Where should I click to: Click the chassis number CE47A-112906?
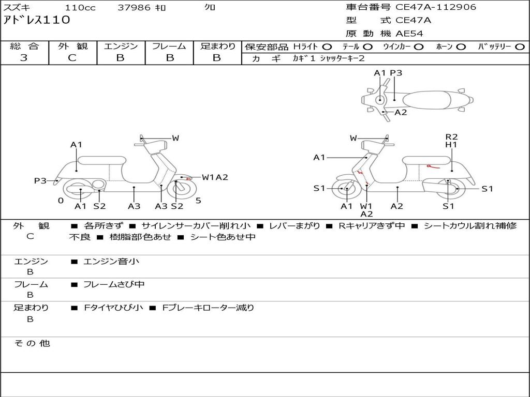(435, 7)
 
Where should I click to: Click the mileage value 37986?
(134, 8)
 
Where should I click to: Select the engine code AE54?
(409, 34)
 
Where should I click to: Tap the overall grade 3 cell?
(24, 58)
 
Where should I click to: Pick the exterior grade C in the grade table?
(72, 58)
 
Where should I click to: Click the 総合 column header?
(24, 47)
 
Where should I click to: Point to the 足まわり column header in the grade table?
(217, 47)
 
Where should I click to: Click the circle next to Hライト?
(327, 47)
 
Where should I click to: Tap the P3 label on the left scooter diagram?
(40, 180)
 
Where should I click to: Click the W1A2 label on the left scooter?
(215, 177)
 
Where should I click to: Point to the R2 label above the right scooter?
(451, 137)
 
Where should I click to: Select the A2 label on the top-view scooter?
(401, 112)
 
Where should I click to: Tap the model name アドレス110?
(36, 21)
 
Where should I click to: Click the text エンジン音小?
(111, 262)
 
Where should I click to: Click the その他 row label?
(32, 343)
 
